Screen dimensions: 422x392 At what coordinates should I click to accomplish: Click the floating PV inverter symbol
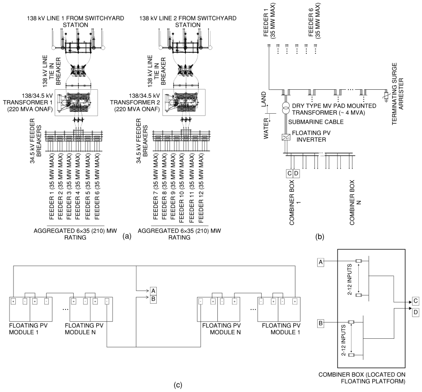[x=286, y=137]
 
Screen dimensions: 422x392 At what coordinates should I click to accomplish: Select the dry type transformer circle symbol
[x=286, y=108]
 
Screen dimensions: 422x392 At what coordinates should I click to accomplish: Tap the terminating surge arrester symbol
[x=387, y=96]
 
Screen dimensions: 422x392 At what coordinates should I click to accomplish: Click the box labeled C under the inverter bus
[x=289, y=174]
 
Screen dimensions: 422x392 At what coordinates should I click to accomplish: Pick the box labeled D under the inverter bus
[x=296, y=174]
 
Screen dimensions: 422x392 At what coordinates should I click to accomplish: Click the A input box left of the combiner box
[x=320, y=262]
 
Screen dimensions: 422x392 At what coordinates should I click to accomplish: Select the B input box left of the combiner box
[x=320, y=323]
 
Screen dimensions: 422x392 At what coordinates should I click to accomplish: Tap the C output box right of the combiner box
[x=416, y=301]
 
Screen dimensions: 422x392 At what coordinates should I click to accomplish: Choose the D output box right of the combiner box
[x=416, y=312]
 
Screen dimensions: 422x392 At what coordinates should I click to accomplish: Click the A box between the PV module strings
[x=153, y=291]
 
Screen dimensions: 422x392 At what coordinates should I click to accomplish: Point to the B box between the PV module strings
[x=153, y=299]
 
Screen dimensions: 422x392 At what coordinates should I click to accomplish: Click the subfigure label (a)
[x=127, y=236]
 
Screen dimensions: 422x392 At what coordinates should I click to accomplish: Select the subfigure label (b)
[x=320, y=237]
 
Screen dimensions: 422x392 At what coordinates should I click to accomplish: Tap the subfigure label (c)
[x=178, y=385]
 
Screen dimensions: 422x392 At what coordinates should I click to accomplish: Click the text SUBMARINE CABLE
[x=316, y=122]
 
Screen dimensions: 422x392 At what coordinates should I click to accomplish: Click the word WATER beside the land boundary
[x=266, y=129]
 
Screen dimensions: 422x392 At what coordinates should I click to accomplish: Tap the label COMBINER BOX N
[x=355, y=202]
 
